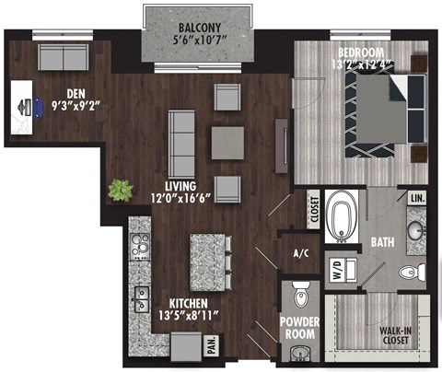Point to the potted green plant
pos(120,191)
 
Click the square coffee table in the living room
pos(227,143)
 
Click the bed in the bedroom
pos(378,112)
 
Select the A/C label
pos(299,253)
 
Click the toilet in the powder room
pos(297,297)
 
